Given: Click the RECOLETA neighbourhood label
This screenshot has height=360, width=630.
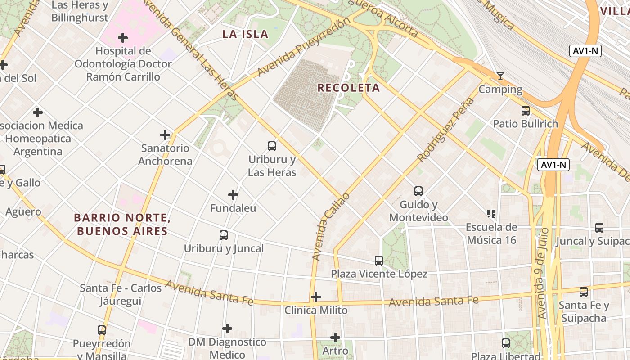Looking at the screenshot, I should tap(349, 88).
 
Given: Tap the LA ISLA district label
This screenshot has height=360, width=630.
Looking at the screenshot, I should tap(246, 34).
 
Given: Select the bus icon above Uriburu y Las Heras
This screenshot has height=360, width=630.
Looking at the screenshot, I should tap(272, 146).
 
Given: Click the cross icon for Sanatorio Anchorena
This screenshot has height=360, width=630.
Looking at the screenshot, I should tap(165, 135).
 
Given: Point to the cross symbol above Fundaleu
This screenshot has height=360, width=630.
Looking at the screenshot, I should tap(233, 195).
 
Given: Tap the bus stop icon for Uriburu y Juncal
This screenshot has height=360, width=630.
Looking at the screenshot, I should tap(224, 235).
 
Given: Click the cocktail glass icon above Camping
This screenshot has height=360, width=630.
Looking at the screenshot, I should tap(500, 76).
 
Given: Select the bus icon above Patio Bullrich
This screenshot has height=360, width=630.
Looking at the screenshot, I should tap(525, 110).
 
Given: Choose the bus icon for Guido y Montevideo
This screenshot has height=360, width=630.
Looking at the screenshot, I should tap(418, 191).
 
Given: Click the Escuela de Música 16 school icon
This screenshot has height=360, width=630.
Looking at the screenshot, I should tap(491, 213).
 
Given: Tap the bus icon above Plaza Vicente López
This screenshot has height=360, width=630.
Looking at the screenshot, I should tap(379, 260).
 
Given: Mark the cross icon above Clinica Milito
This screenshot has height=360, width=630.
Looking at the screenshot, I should tap(316, 297).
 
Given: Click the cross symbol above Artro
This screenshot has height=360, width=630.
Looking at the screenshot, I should tap(335, 337).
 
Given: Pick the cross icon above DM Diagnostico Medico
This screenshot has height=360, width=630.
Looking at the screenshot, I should tap(227, 328).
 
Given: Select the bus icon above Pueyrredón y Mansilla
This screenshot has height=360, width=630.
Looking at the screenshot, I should tap(102, 330).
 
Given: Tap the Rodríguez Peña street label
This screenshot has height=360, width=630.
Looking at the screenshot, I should tap(445, 130).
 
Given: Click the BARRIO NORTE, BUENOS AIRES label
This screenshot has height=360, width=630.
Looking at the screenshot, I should tap(121, 225).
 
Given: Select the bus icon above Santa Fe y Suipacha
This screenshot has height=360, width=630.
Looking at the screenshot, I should tap(584, 292).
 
